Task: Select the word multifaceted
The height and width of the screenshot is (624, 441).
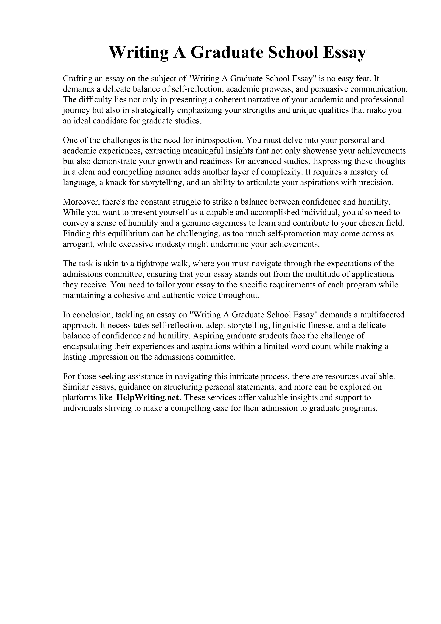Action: click(x=382, y=315)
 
